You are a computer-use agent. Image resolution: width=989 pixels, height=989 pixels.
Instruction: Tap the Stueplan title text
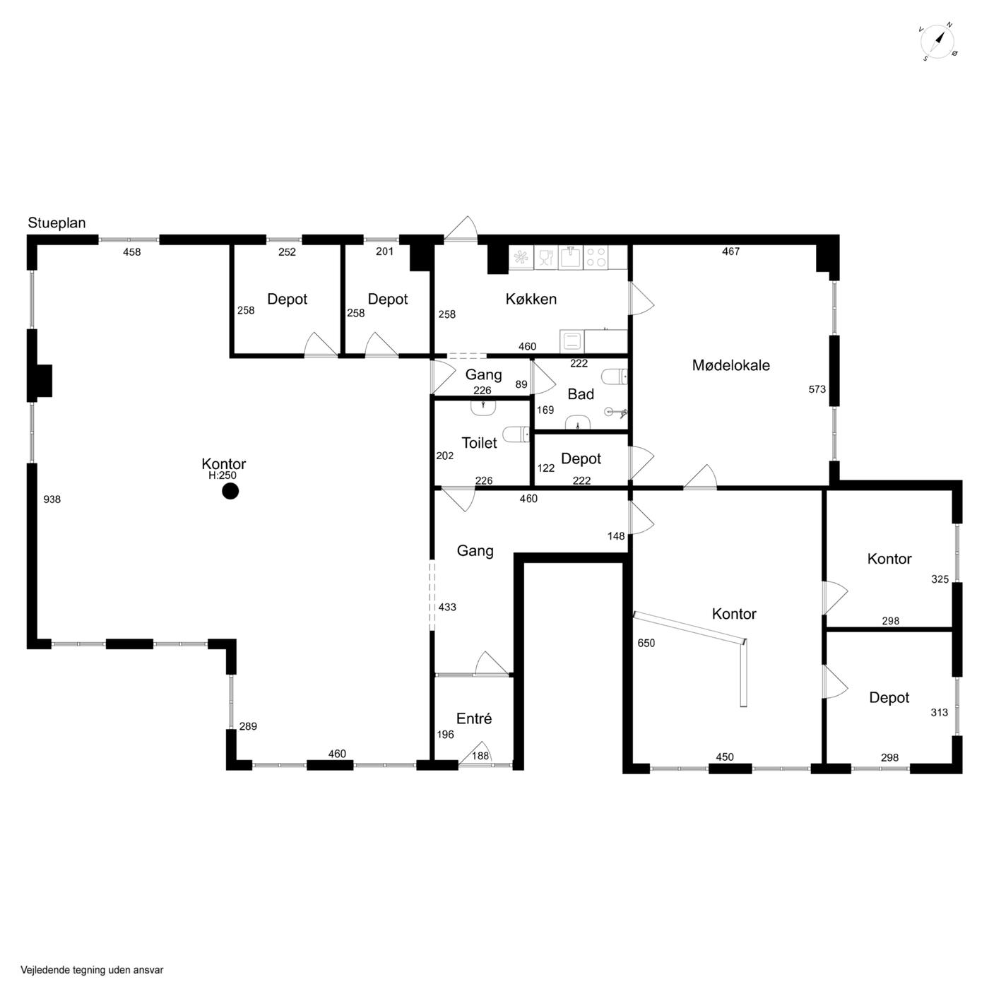click(x=57, y=223)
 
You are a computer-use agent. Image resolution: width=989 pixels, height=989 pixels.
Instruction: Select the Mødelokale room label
click(x=730, y=365)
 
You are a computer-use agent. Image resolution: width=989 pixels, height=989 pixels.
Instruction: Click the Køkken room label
click(x=531, y=300)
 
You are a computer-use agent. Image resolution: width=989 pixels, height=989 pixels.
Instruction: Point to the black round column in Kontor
click(x=230, y=492)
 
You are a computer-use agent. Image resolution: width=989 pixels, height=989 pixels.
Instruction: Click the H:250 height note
click(x=223, y=475)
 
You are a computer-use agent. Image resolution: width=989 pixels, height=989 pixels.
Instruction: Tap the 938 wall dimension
click(x=52, y=499)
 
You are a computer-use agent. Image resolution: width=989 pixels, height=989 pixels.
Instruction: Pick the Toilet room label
click(x=479, y=443)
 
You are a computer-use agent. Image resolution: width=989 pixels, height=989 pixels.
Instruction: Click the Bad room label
click(x=581, y=394)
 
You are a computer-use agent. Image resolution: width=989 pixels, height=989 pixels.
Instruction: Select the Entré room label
click(x=474, y=718)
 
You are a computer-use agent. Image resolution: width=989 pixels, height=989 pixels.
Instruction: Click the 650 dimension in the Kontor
click(x=646, y=643)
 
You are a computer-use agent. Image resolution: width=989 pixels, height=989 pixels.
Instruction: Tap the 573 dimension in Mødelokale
click(x=817, y=389)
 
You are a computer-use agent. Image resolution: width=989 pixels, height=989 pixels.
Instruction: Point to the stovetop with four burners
click(x=596, y=257)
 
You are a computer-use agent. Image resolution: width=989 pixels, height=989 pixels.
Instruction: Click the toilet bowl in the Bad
click(x=615, y=377)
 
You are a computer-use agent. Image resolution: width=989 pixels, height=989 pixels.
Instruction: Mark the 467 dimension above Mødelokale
click(x=730, y=251)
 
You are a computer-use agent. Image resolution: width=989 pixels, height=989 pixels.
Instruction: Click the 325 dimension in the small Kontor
click(x=940, y=579)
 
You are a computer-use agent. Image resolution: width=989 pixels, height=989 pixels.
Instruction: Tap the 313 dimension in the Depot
click(x=940, y=712)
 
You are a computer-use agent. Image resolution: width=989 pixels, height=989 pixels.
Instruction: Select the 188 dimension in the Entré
click(x=480, y=756)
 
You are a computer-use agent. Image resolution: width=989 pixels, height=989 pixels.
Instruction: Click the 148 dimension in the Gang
click(x=616, y=536)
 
